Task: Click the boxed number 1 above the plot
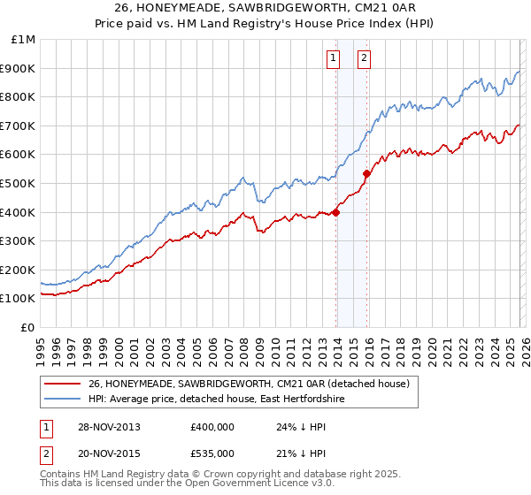point(333,59)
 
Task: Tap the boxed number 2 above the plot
point(364,59)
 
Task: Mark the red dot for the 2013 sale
point(336,212)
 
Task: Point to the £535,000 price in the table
point(212,453)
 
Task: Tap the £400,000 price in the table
point(212,427)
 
